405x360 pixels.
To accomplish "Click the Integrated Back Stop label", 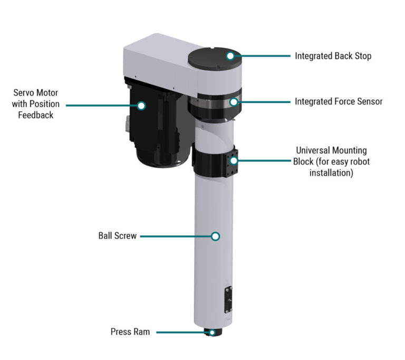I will (x=333, y=55).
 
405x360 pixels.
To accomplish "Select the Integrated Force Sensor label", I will (x=339, y=101).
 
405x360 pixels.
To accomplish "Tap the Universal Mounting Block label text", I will (x=331, y=162).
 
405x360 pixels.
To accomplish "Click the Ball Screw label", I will (x=117, y=236).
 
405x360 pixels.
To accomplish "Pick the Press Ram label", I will (x=130, y=332).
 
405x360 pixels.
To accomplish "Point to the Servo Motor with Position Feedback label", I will (x=36, y=104).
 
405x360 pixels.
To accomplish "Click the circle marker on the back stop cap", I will (x=230, y=55).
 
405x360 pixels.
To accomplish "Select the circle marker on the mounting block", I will (x=234, y=161).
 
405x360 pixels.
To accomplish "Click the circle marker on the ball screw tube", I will (x=215, y=236).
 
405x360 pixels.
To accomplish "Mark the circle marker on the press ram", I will (x=212, y=333).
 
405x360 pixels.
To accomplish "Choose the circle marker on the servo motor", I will (x=141, y=105).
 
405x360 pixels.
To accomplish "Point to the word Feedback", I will (x=36, y=115).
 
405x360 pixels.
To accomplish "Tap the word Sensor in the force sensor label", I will (x=369, y=101).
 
